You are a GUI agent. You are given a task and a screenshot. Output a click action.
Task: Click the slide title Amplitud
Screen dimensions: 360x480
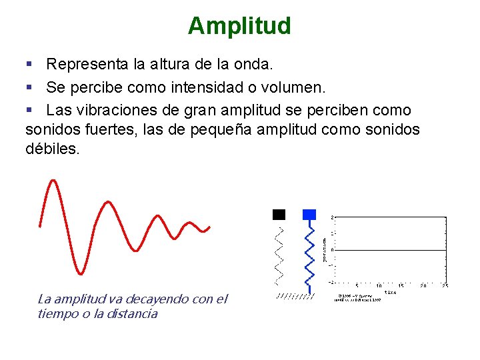[x=239, y=26]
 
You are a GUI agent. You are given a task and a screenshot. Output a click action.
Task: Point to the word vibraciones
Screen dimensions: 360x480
[x=115, y=110]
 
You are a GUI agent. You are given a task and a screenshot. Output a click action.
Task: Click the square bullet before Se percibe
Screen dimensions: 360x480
[x=29, y=87]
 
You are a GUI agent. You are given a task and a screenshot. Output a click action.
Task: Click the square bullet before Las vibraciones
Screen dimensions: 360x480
[x=29, y=110]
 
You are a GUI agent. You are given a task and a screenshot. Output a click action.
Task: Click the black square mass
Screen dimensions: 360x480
[x=279, y=215]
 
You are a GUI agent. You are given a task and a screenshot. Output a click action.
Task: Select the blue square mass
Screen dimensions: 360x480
[x=309, y=215]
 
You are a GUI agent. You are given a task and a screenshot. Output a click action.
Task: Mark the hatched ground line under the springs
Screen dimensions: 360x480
[x=295, y=295]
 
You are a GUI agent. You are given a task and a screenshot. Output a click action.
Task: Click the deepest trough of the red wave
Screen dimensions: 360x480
[x=80, y=273]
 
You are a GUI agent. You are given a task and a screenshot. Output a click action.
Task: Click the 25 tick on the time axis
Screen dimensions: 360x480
[x=445, y=285]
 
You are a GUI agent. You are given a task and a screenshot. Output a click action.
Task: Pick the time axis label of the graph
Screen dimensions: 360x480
[x=391, y=291]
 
